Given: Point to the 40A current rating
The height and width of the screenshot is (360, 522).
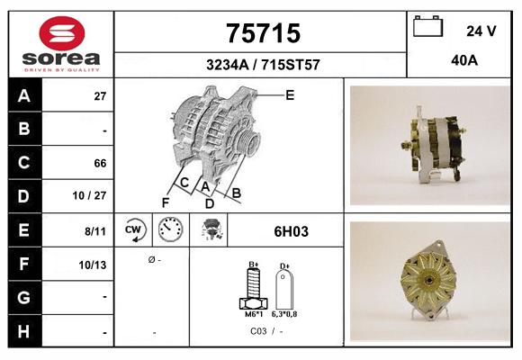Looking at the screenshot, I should coord(464,61).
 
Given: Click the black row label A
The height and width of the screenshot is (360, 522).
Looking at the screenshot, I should coord(24,95).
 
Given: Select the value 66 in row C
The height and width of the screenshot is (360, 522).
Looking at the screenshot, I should coord(100,164).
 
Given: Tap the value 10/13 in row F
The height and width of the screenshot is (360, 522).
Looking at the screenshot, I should coord(94,265).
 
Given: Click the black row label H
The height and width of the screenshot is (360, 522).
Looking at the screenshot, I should coord(24,331).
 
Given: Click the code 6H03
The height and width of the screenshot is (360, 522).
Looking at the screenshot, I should coord(291,231).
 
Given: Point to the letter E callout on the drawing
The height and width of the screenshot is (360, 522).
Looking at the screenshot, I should coord(289,94).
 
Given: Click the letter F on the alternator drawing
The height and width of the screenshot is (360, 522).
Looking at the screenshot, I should coord(166,202).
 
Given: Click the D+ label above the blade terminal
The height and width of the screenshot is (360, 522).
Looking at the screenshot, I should coord(284,266).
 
